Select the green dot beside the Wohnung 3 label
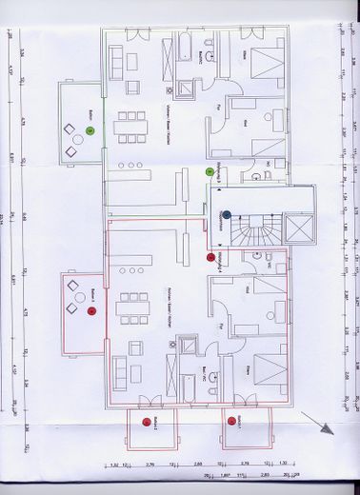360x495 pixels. tap(210, 171)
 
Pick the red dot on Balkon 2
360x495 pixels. tap(146, 420)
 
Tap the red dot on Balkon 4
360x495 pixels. tap(90, 309)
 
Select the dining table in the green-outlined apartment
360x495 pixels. tap(131, 124)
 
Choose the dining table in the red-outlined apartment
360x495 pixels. tap(131, 307)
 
